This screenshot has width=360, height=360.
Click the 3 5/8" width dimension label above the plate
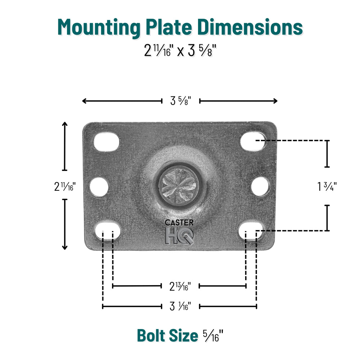(180, 101)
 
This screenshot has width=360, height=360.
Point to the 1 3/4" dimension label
(327, 186)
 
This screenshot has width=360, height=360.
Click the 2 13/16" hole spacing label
(180, 286)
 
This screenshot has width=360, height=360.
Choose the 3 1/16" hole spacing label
(180, 306)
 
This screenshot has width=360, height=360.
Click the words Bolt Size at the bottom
(167, 336)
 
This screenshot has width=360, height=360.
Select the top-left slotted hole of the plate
(106, 141)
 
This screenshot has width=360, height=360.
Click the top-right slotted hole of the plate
(253, 141)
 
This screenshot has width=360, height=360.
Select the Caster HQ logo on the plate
(179, 232)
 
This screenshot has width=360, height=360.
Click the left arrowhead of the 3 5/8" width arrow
(84, 101)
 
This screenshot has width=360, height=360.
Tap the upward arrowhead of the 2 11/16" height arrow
(65, 124)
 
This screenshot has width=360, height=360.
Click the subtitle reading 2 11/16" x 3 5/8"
(180, 50)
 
